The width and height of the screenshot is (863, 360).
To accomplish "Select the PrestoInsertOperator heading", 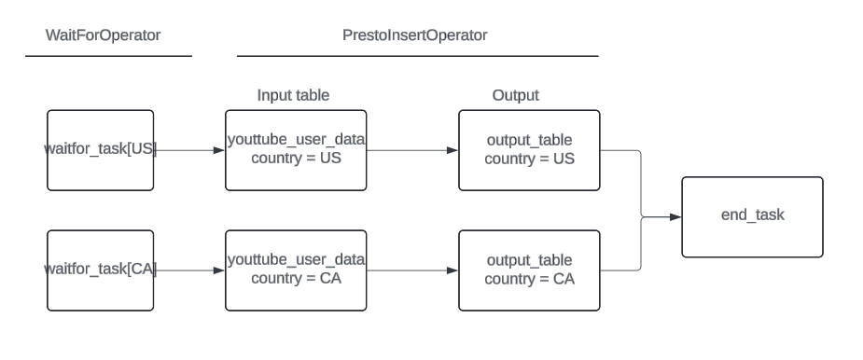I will pyautogui.click(x=415, y=35).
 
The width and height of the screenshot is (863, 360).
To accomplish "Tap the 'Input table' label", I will pyautogui.click(x=293, y=95).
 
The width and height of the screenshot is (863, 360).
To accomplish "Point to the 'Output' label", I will pyautogui.click(x=516, y=95).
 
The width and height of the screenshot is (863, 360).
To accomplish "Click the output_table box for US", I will pyautogui.click(x=529, y=149).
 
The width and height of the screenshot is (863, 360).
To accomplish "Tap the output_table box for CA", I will pyautogui.click(x=529, y=270).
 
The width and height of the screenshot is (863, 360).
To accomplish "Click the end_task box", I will pyautogui.click(x=752, y=216).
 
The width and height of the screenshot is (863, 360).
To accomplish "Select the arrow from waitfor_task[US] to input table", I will pyautogui.click(x=190, y=149).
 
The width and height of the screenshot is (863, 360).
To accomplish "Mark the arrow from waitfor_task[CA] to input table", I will pyautogui.click(x=190, y=270).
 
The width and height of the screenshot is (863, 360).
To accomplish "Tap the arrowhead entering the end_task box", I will pyautogui.click(x=676, y=217).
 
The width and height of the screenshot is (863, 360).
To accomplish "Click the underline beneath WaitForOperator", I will pyautogui.click(x=108, y=57).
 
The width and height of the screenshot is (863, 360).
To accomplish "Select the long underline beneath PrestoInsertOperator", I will pyautogui.click(x=417, y=57).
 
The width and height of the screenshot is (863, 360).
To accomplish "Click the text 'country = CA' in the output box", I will pyautogui.click(x=529, y=279).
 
